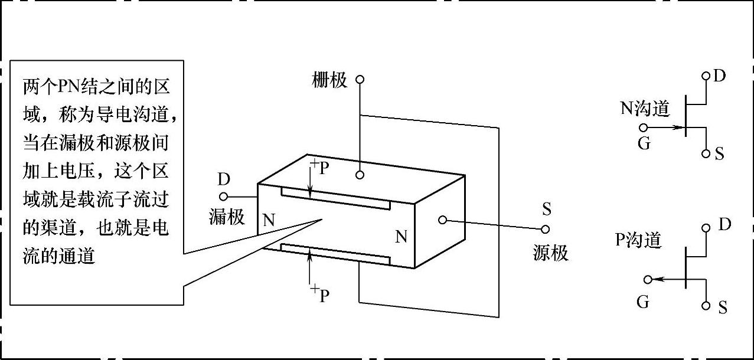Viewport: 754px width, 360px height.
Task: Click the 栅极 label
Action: (x=329, y=80)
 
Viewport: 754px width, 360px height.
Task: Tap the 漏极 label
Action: (x=227, y=217)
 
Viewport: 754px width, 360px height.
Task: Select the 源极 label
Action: (x=550, y=253)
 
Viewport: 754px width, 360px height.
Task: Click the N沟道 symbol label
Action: (x=644, y=108)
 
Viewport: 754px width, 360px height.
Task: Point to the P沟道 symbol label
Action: (x=638, y=240)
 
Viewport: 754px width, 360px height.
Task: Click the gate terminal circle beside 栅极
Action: (x=360, y=78)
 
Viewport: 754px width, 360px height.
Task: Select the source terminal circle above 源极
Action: (x=546, y=228)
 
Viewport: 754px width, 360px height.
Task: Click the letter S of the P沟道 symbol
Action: (x=722, y=307)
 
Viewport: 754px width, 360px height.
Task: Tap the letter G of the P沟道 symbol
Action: (x=643, y=302)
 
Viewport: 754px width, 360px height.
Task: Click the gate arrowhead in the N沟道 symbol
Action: (x=678, y=127)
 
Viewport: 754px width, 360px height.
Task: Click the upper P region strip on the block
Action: (x=335, y=199)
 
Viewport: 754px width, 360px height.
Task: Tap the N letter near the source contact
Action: (x=401, y=237)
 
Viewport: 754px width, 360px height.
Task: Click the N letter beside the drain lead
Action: (x=269, y=221)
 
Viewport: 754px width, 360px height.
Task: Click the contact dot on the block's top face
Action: (x=360, y=175)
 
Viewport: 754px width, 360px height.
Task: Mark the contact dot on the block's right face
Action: (x=441, y=220)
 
